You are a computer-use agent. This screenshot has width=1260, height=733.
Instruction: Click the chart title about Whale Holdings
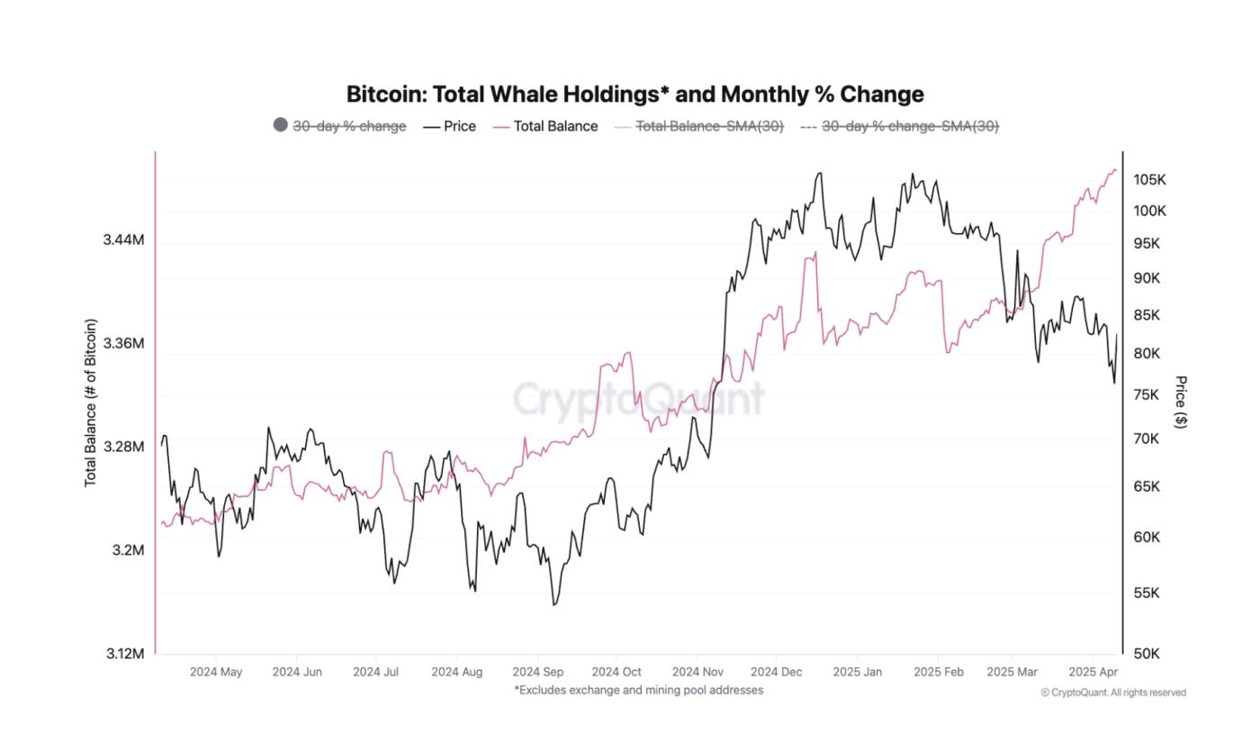pyautogui.click(x=634, y=94)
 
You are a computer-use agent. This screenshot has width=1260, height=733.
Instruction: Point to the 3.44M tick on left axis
pyautogui.click(x=123, y=240)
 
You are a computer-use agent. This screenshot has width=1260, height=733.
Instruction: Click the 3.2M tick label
pyautogui.click(x=127, y=550)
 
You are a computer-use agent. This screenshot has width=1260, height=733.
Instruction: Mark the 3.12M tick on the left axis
pyautogui.click(x=123, y=653)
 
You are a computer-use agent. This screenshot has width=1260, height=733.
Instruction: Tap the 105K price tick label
pyautogui.click(x=1149, y=180)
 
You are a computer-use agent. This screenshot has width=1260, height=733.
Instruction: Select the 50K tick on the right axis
pyautogui.click(x=1146, y=653)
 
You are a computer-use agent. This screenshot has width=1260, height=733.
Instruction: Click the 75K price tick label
pyautogui.click(x=1146, y=394)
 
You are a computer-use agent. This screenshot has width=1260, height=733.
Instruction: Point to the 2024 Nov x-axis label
pyautogui.click(x=697, y=672)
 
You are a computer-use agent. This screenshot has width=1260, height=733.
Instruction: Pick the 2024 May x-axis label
pyautogui.click(x=216, y=672)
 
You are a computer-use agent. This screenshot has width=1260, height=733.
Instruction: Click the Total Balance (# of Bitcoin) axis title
pyautogui.click(x=90, y=403)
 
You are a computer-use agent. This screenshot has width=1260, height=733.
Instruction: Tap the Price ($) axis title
pyautogui.click(x=1181, y=403)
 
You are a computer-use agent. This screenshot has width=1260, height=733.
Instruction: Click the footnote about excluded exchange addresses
pyautogui.click(x=638, y=690)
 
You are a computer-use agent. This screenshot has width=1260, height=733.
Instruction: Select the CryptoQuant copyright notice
pyautogui.click(x=1113, y=692)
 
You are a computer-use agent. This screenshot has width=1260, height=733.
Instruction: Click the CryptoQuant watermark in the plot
pyautogui.click(x=638, y=397)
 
